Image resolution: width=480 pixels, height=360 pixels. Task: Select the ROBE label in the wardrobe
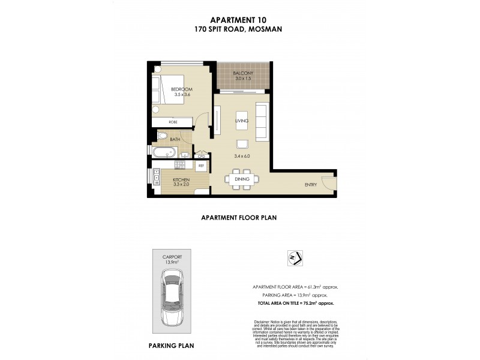click(x=173, y=122)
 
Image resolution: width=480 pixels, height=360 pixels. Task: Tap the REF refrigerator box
click(x=202, y=165)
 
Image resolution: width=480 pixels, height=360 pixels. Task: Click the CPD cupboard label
click(x=202, y=155)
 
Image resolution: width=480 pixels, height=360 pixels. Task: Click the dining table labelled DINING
click(x=242, y=178)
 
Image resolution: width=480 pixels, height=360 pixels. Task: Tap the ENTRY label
click(x=311, y=185)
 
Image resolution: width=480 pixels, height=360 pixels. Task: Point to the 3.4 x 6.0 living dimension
click(x=242, y=157)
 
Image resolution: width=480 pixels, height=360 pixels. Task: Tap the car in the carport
click(x=173, y=298)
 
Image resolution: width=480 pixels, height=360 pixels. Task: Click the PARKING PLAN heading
click(x=171, y=346)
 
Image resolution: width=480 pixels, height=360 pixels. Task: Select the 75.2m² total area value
click(x=316, y=304)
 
